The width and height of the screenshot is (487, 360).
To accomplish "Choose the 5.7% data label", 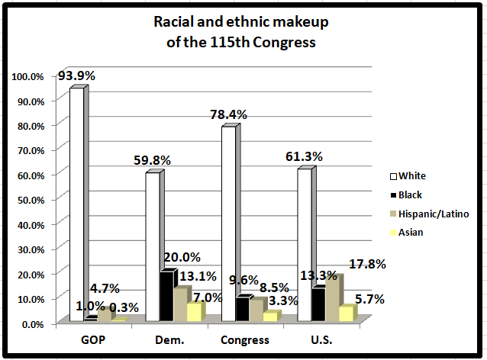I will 370,298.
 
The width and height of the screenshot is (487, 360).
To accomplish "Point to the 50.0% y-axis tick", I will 29,199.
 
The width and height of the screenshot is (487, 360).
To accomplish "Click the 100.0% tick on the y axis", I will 27,76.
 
